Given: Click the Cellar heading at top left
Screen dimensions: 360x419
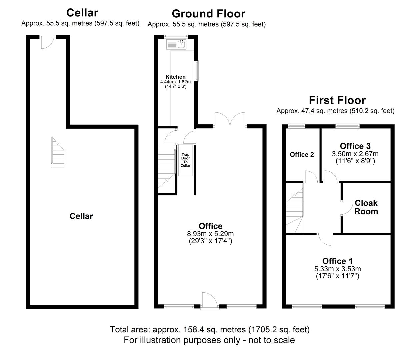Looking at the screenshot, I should (x=82, y=13).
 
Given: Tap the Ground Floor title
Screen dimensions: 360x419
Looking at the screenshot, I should (x=208, y=14).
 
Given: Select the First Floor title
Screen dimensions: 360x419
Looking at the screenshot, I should (x=337, y=100).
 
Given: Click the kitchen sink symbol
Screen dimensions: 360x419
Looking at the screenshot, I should (x=181, y=44).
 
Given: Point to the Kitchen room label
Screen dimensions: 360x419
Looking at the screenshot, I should (x=175, y=77).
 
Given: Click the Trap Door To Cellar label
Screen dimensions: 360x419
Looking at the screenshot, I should (x=185, y=160).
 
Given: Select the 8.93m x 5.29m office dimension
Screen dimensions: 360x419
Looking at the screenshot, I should (x=210, y=234).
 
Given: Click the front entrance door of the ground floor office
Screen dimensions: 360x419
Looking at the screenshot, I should (x=210, y=301).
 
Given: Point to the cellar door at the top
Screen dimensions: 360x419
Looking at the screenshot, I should (x=47, y=42).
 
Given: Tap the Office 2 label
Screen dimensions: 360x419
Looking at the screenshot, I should (x=302, y=155).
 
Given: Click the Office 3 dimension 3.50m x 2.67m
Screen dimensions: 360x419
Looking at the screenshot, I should (x=355, y=154).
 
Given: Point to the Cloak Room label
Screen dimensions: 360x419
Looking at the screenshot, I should (x=366, y=207).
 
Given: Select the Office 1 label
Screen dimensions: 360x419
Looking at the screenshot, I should (x=337, y=261).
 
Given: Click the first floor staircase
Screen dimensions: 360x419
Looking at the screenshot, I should (x=295, y=209).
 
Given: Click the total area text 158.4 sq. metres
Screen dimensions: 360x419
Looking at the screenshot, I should (x=210, y=330).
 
